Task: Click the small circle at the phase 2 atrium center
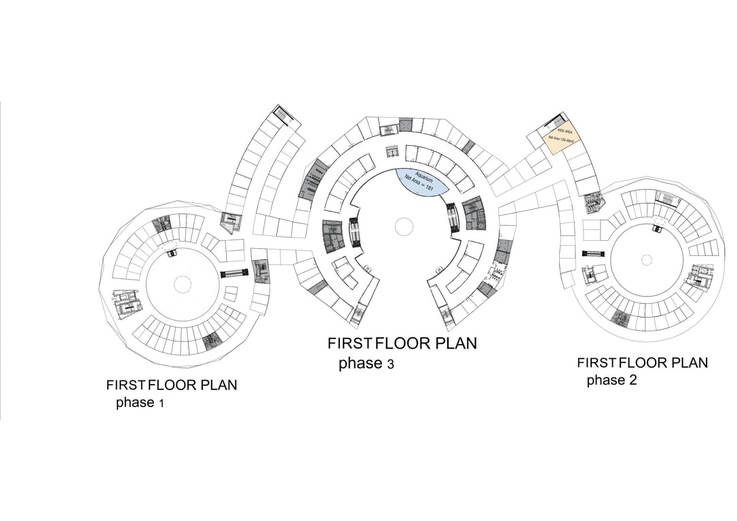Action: point(647,259)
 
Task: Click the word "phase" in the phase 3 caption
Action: point(360,364)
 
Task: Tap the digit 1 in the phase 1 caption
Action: point(161,404)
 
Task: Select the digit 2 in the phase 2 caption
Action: point(632,380)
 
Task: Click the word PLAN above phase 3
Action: point(455,343)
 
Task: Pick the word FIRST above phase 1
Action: point(126,385)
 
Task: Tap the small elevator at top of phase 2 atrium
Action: point(657,229)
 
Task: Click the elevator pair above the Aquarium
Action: point(392,151)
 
